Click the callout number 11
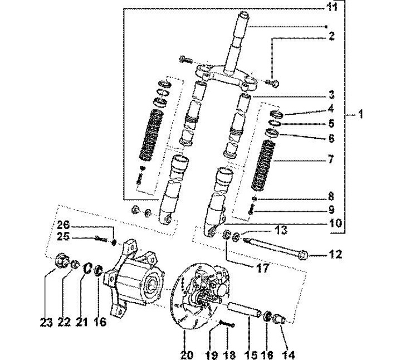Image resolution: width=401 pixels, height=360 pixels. click(332, 7)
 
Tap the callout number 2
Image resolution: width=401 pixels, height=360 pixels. click(332, 36)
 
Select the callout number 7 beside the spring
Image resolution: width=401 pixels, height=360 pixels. click(331, 159)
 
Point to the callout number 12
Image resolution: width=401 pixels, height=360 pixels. click(335, 254)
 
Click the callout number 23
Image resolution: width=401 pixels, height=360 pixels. click(46, 322)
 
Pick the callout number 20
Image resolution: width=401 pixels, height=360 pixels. click(187, 355)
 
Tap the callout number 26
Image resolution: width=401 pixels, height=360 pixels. click(63, 225)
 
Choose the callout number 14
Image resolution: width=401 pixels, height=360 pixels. click(289, 355)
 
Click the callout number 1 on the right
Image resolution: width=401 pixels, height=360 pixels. click(360, 114)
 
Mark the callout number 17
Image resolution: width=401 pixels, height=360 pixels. click(263, 269)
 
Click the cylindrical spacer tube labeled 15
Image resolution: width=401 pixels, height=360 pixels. click(244, 310)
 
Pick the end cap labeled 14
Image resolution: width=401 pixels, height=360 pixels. click(279, 319)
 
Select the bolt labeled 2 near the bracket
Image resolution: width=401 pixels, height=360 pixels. click(272, 83)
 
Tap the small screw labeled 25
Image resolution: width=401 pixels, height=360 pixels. click(101, 239)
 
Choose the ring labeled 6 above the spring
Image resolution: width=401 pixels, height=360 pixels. click(272, 133)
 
